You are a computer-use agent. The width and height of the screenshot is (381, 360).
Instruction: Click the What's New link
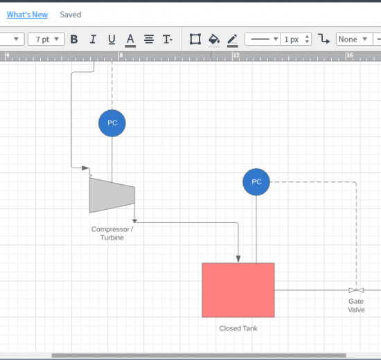27,15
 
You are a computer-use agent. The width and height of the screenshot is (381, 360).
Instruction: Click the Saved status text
71,15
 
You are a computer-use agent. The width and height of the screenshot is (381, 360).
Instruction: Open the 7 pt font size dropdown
46,39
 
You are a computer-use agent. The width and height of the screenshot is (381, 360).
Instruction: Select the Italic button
93,39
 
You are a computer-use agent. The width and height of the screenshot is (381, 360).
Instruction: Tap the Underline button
112,39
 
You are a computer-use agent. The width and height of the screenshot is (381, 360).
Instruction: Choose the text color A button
130,40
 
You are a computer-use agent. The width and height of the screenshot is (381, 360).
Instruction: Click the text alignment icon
149,39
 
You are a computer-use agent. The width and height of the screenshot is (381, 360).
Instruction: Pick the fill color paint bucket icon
214,40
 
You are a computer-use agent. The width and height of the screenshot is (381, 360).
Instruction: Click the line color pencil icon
233,40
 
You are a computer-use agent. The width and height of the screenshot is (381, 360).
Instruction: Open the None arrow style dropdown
354,39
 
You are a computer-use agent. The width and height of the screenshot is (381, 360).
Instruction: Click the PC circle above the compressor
112,123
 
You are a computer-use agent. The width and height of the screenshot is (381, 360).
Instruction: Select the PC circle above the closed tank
256,182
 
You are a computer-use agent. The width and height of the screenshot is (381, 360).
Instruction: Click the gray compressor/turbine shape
112,195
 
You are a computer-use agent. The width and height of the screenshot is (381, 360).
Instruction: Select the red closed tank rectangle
238,290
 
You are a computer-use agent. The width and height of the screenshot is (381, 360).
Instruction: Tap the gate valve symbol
356,290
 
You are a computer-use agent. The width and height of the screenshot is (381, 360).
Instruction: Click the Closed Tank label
238,328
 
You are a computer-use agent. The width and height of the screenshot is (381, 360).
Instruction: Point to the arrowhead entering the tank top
238,259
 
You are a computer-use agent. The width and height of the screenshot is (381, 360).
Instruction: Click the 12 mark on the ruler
236,55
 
